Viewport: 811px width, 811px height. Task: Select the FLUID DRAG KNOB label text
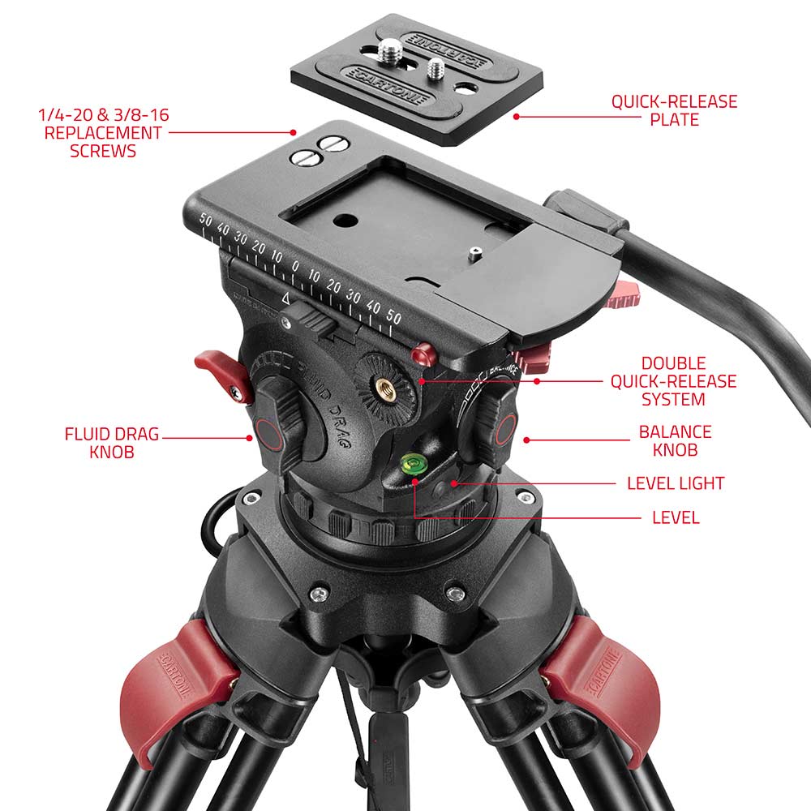(x=112, y=443)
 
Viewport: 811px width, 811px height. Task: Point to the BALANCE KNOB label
(x=675, y=441)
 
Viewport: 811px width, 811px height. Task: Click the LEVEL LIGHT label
(x=675, y=483)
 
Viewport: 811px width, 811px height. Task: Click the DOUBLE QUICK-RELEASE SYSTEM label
(x=673, y=381)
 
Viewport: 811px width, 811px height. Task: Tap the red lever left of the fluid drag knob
(x=217, y=368)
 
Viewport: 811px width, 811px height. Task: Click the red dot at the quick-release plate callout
(x=516, y=116)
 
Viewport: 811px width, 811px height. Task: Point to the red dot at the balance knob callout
(x=527, y=440)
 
